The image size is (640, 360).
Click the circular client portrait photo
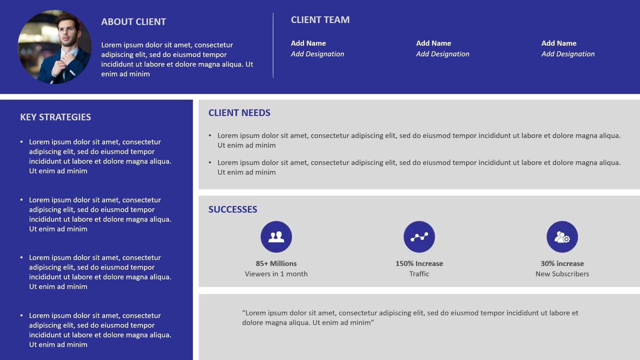[54, 47]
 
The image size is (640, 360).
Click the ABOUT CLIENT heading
[133, 21]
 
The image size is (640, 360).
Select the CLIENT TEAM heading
[320, 19]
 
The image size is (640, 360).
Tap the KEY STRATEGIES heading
[55, 117]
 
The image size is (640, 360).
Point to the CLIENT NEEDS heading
[239, 112]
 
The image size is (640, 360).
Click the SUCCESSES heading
[232, 209]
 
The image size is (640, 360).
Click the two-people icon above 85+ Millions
[276, 236]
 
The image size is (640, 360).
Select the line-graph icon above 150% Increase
[419, 236]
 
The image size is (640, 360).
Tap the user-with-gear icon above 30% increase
[562, 236]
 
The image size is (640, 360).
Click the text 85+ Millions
[276, 263]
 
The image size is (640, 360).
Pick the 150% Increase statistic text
[419, 263]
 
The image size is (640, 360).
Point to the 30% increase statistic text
[562, 263]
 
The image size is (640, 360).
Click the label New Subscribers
[562, 274]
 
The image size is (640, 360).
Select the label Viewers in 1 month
[276, 274]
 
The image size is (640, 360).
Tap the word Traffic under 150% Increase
[419, 274]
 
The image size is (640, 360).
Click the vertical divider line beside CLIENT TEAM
[273, 45]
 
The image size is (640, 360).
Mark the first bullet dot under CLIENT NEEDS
[210, 135]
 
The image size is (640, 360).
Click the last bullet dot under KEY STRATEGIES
[21, 315]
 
